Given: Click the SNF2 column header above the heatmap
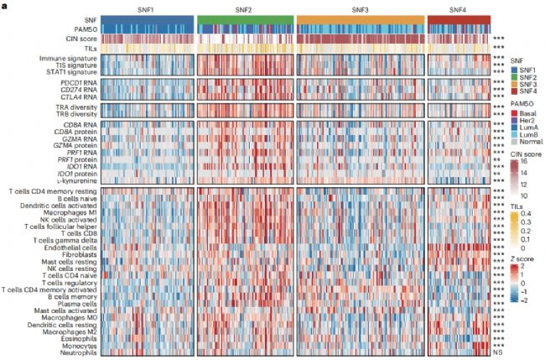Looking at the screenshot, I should pyautogui.click(x=246, y=8).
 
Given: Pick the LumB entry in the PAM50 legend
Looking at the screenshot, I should pyautogui.click(x=530, y=134).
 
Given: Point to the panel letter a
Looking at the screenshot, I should pyautogui.click(x=3, y=4).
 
